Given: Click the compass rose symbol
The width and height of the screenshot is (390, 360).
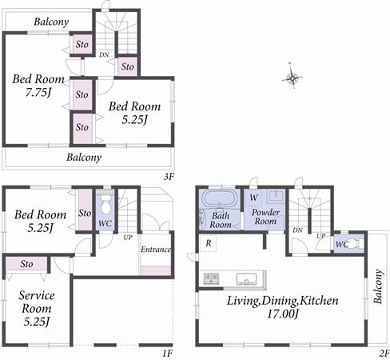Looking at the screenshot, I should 293,78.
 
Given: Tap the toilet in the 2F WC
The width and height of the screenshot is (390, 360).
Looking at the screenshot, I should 354,243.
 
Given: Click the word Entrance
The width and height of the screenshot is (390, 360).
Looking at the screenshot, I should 156,250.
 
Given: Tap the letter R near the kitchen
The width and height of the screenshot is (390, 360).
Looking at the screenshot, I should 208,243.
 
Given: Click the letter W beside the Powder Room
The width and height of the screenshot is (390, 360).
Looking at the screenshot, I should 253,198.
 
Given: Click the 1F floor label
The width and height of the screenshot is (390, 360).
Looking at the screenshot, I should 167,353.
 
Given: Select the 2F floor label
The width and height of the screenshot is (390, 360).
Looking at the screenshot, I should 383,353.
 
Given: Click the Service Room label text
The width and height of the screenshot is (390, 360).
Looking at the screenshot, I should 36,302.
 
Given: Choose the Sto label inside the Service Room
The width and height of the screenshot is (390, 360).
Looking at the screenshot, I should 26,263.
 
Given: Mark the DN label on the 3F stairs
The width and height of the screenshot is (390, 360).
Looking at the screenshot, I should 104,54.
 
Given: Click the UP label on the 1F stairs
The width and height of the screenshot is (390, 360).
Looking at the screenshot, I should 127,238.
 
